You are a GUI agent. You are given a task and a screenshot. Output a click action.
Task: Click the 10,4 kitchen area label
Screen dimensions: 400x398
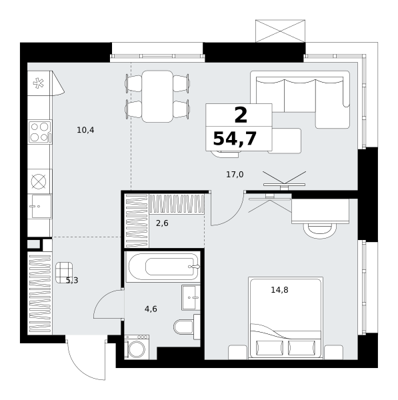pyautogui.click(x=85, y=130)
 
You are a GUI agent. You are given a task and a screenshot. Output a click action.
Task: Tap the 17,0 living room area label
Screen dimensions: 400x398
pyautogui.click(x=235, y=175)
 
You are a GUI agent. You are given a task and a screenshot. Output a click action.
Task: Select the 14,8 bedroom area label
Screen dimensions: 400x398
pyautogui.click(x=279, y=290)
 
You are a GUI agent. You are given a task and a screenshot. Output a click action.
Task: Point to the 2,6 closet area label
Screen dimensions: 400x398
pyautogui.click(x=162, y=223)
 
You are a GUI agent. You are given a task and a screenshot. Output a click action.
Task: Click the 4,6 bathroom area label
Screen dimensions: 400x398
pyautogui.click(x=151, y=309)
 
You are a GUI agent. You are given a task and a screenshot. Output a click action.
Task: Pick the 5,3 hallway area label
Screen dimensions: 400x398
pyautogui.click(x=72, y=281)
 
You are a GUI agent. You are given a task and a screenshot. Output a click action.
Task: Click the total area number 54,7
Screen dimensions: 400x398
pyautogui.click(x=234, y=139)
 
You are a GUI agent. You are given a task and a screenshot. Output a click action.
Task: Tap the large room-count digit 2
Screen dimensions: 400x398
pyautogui.click(x=240, y=115)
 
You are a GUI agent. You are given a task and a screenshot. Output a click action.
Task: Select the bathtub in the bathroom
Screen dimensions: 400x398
pyautogui.click(x=162, y=267)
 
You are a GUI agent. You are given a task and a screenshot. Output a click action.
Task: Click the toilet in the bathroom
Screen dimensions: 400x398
pyautogui.click(x=183, y=327)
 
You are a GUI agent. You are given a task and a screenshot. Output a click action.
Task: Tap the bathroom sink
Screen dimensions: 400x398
pyautogui.click(x=189, y=298)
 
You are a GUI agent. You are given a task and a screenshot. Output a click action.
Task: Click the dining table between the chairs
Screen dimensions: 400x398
pyautogui.click(x=158, y=96)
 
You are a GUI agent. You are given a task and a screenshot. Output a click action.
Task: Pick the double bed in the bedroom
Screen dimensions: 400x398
pyautogui.click(x=285, y=319)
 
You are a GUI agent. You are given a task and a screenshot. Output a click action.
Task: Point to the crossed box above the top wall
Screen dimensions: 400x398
pyautogui.click(x=280, y=31)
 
